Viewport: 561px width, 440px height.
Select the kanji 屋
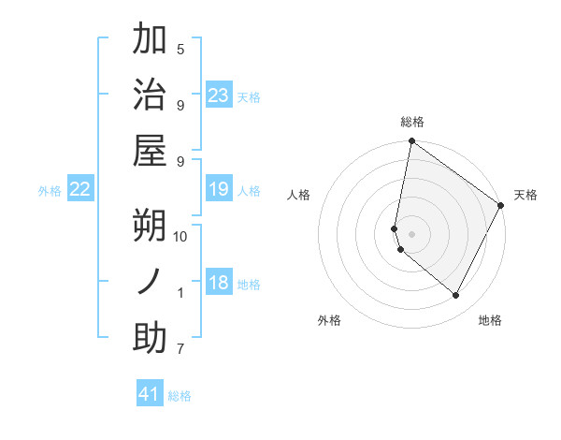(x=150, y=150)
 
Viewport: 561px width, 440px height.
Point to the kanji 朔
(x=150, y=226)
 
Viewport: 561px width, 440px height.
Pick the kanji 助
(x=150, y=338)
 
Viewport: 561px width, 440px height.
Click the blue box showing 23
(x=219, y=95)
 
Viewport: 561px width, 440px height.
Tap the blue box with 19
(x=219, y=190)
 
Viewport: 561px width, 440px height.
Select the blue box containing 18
(x=219, y=284)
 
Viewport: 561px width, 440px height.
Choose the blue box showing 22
(x=80, y=190)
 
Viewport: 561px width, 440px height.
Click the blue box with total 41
(x=150, y=394)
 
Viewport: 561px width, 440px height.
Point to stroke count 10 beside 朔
(x=181, y=237)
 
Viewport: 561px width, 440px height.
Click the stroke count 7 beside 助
(x=180, y=350)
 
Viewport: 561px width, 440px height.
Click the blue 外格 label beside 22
(x=50, y=191)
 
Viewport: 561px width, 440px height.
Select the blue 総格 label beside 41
(x=180, y=395)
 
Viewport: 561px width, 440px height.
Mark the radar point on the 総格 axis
(x=411, y=141)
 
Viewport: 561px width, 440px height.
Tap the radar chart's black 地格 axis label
(x=490, y=320)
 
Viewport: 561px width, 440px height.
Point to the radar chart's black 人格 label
(x=299, y=195)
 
